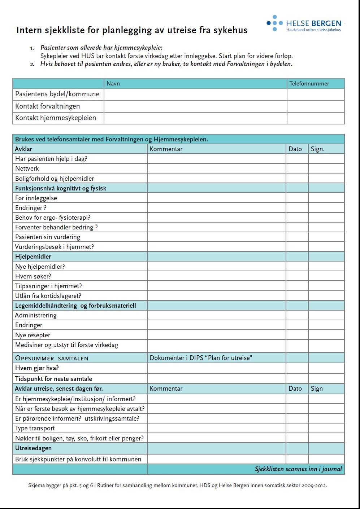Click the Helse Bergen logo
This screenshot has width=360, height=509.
(x=304, y=23)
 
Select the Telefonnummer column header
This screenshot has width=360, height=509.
(x=309, y=84)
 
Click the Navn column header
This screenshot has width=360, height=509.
(x=113, y=84)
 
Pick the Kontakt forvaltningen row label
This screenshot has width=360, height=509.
(x=48, y=106)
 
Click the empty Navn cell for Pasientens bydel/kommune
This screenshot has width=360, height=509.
(x=195, y=95)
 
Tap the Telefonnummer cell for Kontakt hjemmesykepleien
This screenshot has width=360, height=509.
(x=316, y=118)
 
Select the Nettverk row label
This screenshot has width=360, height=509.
(x=27, y=168)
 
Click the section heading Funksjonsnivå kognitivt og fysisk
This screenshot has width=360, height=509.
(x=61, y=188)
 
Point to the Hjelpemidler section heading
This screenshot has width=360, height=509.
(x=33, y=256)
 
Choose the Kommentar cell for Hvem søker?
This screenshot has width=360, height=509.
(x=216, y=276)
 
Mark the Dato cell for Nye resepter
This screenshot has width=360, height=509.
(x=297, y=335)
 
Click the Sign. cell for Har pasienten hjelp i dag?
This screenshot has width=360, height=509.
(x=326, y=159)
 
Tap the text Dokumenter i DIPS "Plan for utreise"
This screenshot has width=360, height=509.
(x=201, y=358)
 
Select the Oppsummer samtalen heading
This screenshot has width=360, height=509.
(x=52, y=358)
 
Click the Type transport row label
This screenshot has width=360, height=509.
(x=35, y=428)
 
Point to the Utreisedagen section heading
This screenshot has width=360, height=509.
(x=34, y=448)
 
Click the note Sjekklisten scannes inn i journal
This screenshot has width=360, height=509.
(x=298, y=469)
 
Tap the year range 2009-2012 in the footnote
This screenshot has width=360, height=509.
(x=314, y=486)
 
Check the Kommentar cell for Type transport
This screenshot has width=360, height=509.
(x=216, y=428)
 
